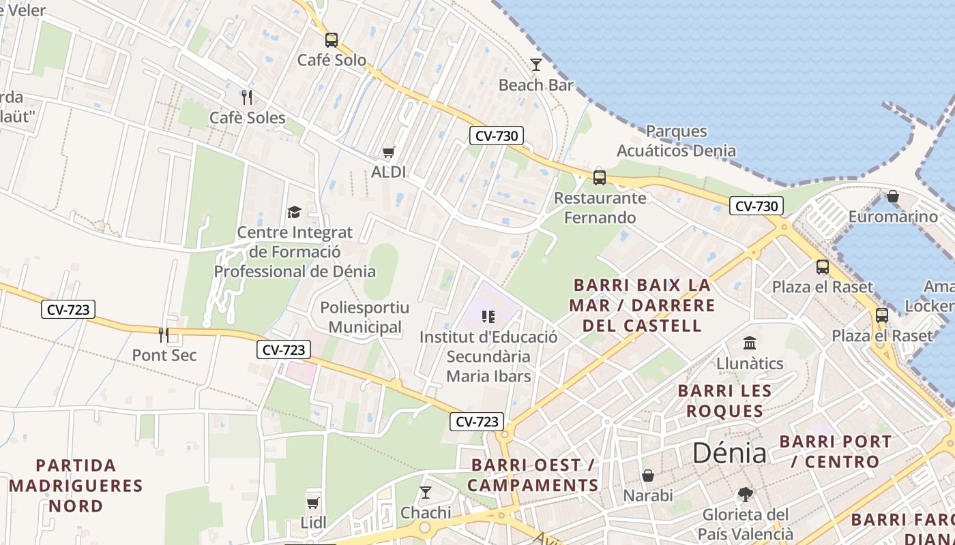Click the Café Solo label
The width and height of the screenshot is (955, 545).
332,60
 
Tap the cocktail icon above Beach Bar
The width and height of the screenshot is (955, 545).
536,65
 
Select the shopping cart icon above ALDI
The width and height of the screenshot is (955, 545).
388,152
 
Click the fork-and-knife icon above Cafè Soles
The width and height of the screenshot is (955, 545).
247,97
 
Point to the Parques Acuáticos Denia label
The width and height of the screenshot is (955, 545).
676,141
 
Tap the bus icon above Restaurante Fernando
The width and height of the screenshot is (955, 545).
599,178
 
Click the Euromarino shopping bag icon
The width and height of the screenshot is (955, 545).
892,197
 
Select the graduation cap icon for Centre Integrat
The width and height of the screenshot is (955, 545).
294,212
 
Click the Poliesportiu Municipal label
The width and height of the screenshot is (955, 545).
365,317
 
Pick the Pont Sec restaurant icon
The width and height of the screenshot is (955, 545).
164,334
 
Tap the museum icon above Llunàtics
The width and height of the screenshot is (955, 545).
750,343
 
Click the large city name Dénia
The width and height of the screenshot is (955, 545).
729,453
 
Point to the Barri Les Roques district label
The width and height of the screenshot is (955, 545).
724,401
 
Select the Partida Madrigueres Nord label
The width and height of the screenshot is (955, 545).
76,486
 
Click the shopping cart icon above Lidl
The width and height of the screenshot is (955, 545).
313,503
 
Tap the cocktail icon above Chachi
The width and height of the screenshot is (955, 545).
426,492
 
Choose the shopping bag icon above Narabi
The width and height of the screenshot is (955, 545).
648,475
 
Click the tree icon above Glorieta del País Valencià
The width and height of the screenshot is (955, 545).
745,494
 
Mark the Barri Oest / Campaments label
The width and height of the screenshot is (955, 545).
533,475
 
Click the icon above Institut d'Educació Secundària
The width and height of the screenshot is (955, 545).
488,316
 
